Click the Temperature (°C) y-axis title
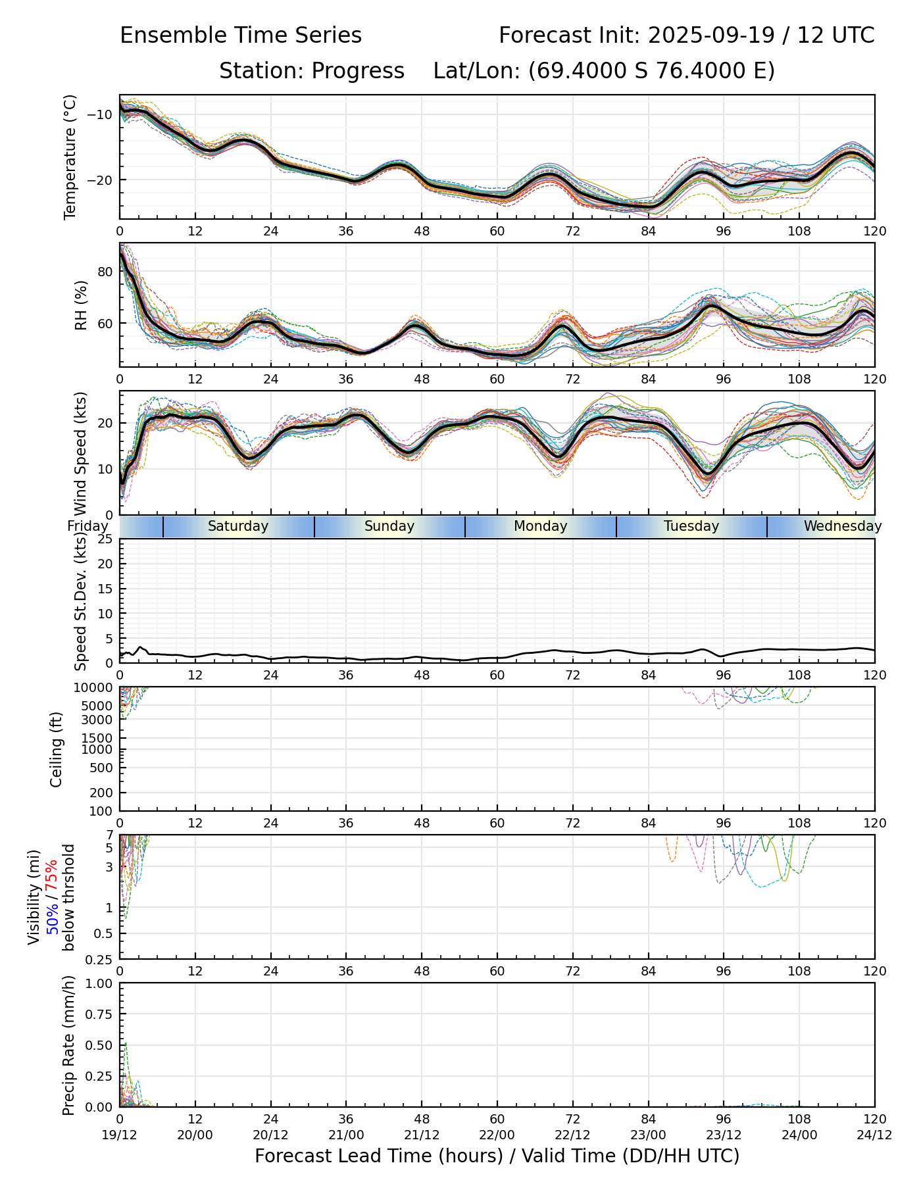pyautogui.click(x=70, y=157)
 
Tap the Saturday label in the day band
pyautogui.click(x=238, y=526)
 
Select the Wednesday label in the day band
pyautogui.click(x=842, y=526)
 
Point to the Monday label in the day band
pyautogui.click(x=540, y=526)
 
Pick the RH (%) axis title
pyautogui.click(x=81, y=305)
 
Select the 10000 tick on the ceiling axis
pyautogui.click(x=95, y=688)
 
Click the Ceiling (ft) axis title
pyautogui.click(x=57, y=749)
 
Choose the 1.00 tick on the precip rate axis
pyautogui.click(x=99, y=983)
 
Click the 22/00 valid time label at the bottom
pyautogui.click(x=497, y=1135)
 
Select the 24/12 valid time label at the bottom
pyautogui.click(x=874, y=1135)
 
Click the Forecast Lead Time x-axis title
pyautogui.click(x=497, y=1156)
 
